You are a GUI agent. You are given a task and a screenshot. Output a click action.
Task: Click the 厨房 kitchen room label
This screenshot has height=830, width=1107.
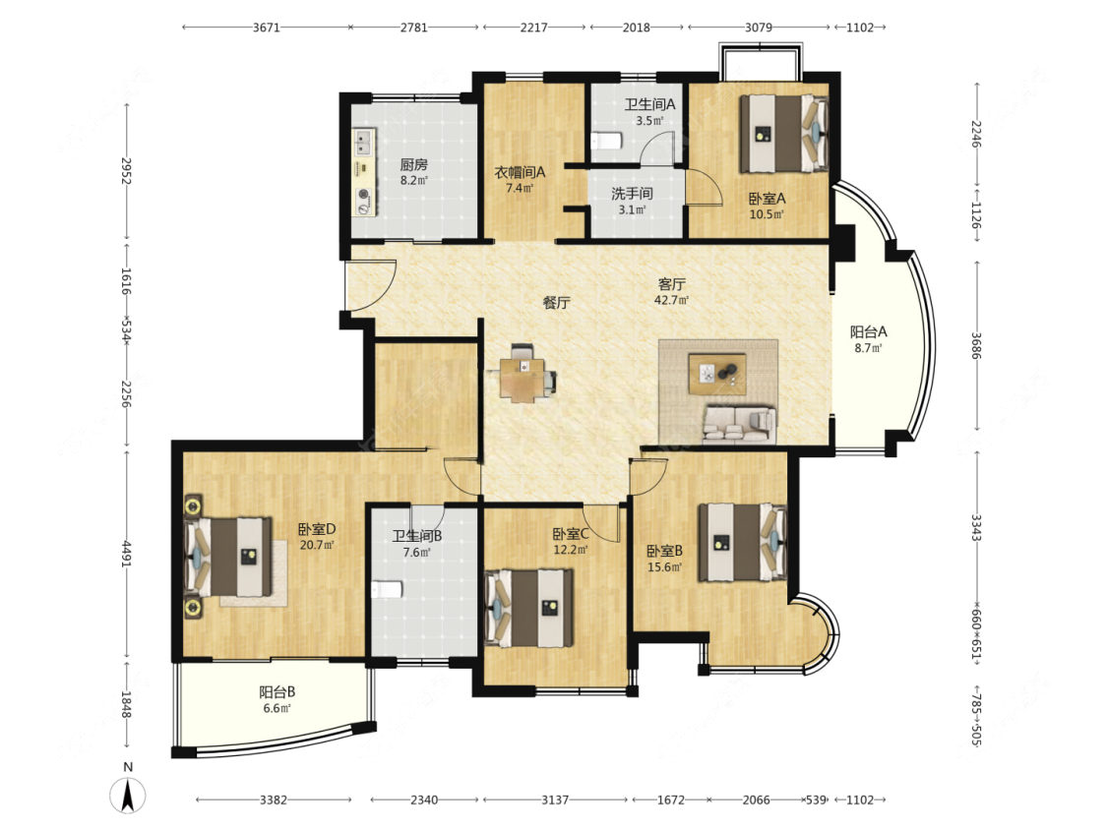coord(413,164)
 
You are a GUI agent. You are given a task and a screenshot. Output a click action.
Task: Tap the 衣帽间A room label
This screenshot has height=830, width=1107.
coord(520,172)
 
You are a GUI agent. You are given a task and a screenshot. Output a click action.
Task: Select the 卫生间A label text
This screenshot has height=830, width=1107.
coord(649,104)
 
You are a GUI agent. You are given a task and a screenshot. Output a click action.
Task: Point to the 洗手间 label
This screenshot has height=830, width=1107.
coord(632,194)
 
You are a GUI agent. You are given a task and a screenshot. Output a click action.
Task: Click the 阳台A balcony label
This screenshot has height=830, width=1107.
coord(868,331)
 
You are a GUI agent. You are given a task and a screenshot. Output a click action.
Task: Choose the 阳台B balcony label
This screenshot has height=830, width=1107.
coord(277,692)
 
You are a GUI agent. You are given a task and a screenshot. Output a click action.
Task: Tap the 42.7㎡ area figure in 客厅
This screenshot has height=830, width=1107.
coord(671,300)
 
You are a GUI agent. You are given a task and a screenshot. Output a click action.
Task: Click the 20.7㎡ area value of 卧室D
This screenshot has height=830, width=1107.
coord(317,545)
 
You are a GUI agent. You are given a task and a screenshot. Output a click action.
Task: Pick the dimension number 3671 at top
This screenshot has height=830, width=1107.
coord(266,28)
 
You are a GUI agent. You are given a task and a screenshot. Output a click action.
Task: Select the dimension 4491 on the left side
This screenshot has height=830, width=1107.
coord(127,554)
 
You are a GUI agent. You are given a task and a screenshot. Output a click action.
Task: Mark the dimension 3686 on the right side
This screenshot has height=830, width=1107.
coord(976,346)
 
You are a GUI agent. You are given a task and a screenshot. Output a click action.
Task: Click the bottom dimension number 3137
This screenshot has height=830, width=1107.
coord(555,800)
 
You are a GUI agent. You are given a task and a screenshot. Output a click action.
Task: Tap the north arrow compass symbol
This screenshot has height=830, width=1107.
coord(128,795)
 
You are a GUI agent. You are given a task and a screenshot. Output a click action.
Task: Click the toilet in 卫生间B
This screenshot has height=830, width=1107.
coord(387,589)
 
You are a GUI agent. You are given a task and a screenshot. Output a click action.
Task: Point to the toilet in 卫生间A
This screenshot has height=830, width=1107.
coord(606,142)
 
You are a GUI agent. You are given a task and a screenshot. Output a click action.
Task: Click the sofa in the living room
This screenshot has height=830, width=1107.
coord(739,424)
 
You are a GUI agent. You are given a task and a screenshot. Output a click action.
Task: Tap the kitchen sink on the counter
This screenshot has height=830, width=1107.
coord(363,142)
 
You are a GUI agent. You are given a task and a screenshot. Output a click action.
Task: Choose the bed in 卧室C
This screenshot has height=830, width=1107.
coord(529,609)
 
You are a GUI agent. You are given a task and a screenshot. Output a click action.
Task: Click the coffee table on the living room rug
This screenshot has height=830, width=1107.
coord(717,374)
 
